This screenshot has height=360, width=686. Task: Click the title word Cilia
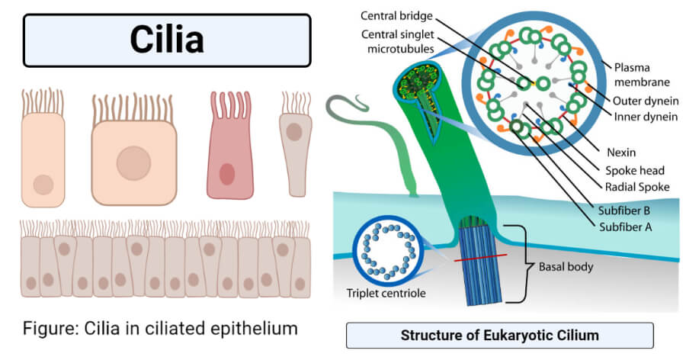[167, 39]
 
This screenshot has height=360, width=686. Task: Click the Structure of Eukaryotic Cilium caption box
[499, 336]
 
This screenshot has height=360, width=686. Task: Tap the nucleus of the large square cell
[133, 162]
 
